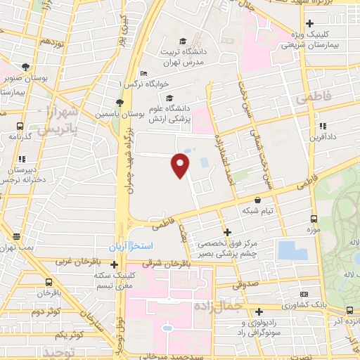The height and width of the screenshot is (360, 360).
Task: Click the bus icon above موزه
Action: tap(312, 219)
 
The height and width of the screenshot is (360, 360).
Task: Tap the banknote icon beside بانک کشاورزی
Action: tap(303, 294)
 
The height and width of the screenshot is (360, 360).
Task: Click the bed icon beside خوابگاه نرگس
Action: tap(143, 73)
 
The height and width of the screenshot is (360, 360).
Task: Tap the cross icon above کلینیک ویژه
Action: tap(309, 23)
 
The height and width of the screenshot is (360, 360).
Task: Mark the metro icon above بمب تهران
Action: tap(18, 237)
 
